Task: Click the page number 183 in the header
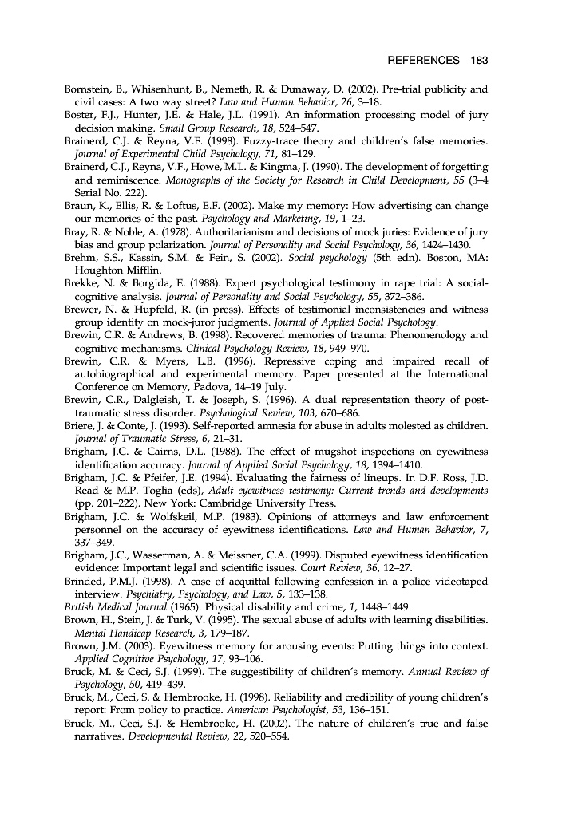(479, 61)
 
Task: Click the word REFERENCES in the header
(424, 61)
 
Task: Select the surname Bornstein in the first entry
(89, 89)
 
